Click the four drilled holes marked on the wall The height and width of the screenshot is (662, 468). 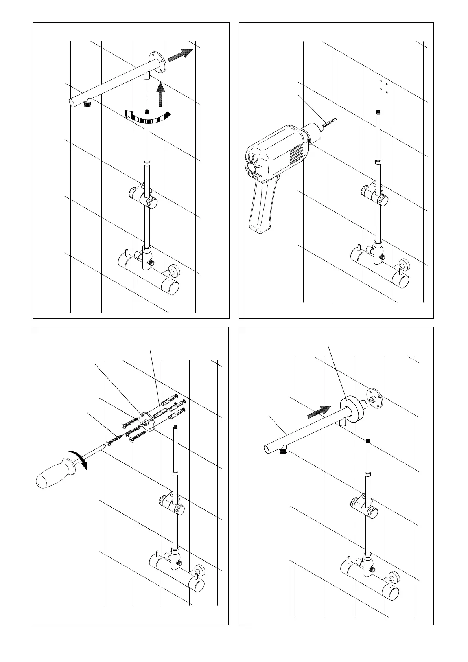384,86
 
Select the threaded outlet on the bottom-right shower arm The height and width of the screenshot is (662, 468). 282,451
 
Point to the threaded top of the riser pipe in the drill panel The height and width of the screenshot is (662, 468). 378,114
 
